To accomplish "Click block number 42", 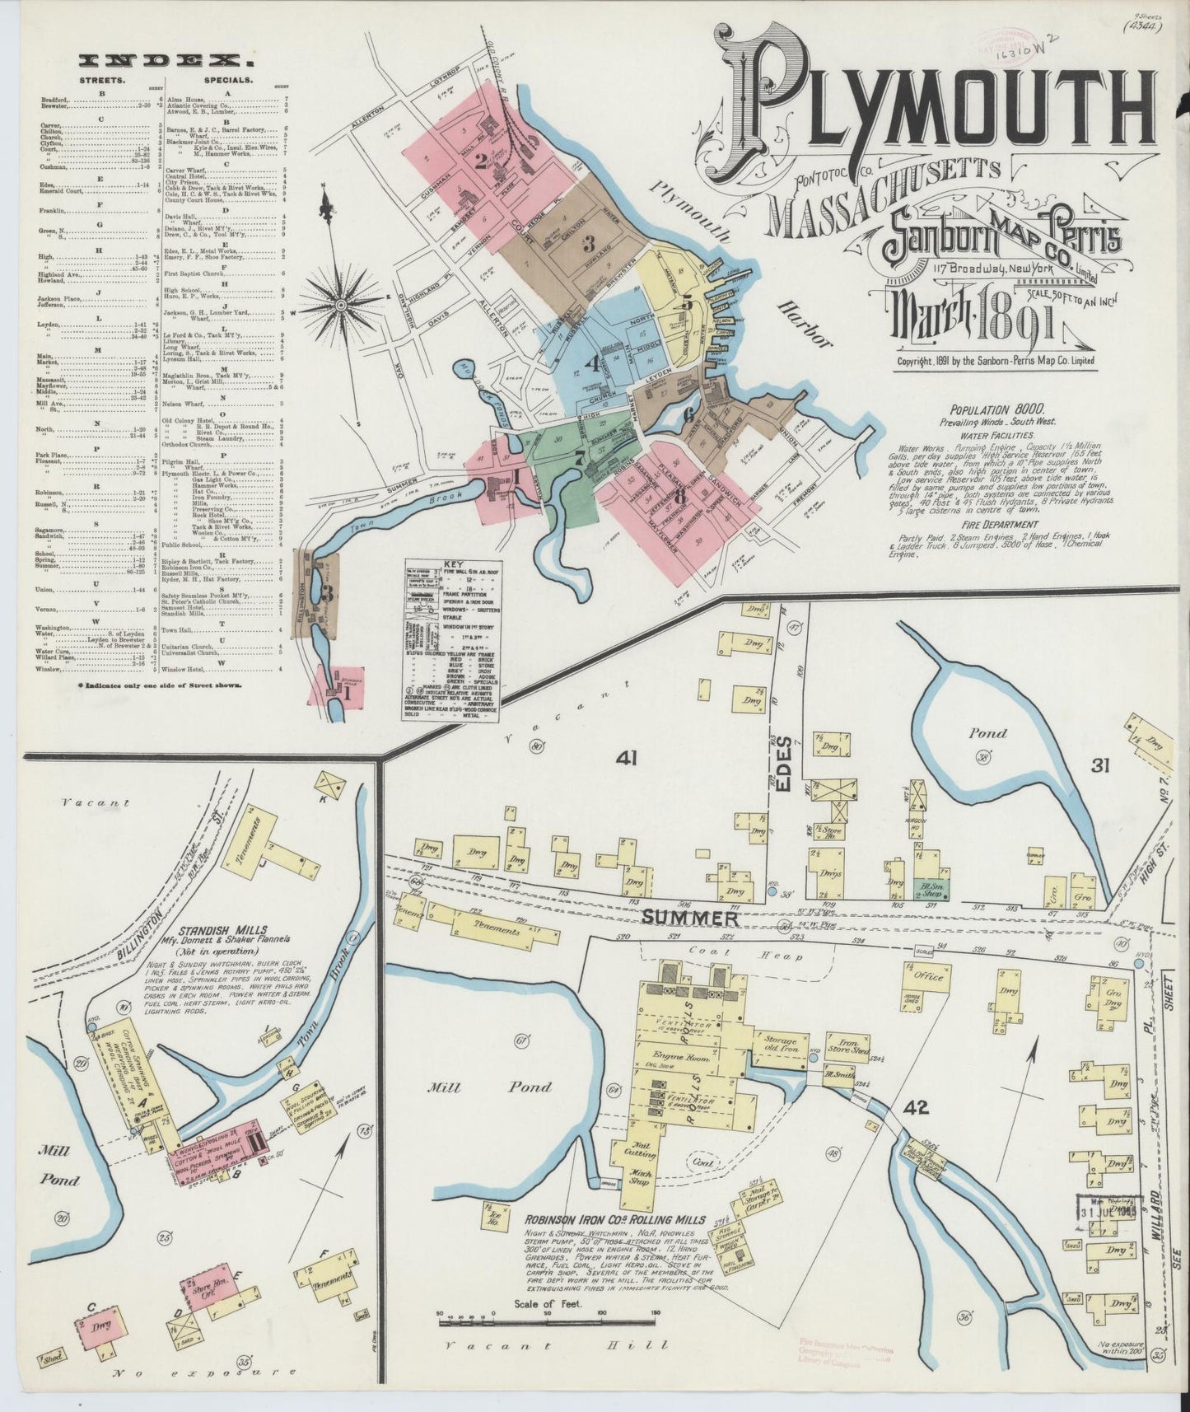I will pos(915,1108).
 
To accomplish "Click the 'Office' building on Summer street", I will pos(926,975).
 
